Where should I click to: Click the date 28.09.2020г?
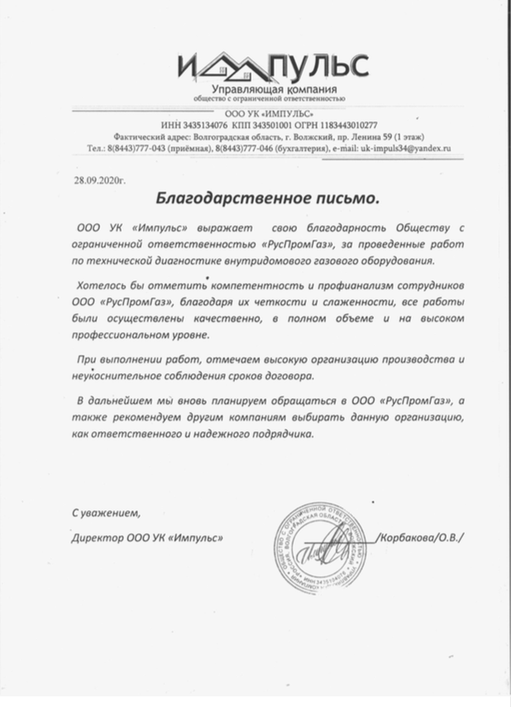(x=97, y=178)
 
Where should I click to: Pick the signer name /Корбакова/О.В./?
(x=419, y=538)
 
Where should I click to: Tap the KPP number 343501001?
(x=259, y=124)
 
